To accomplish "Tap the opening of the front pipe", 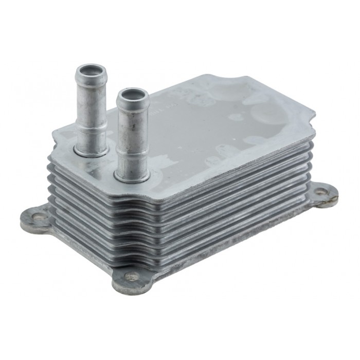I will [133, 95].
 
